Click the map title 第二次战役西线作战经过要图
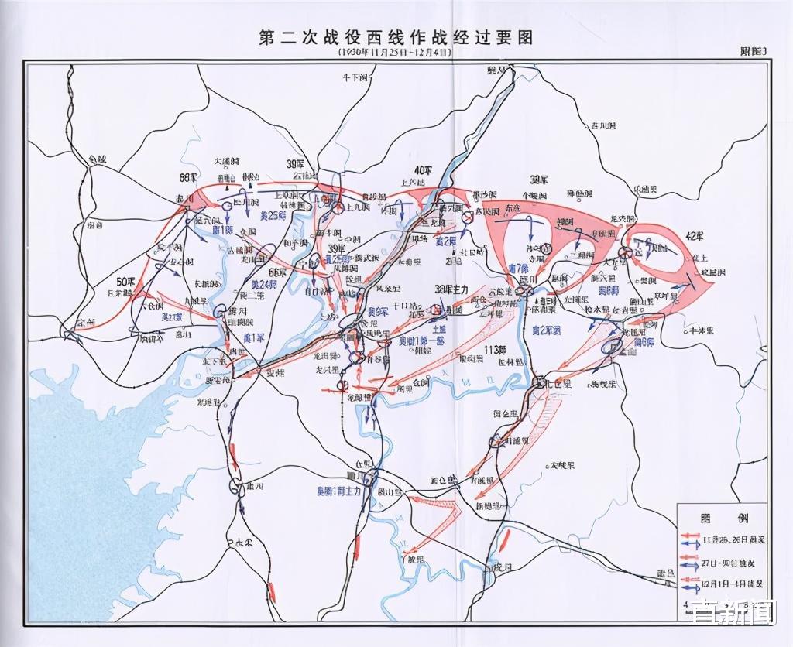(396, 37)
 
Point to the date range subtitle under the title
(396, 53)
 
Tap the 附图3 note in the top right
(753, 52)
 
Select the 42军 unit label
(693, 235)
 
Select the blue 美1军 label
(255, 338)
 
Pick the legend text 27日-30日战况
(727, 560)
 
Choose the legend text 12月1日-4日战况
(730, 584)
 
